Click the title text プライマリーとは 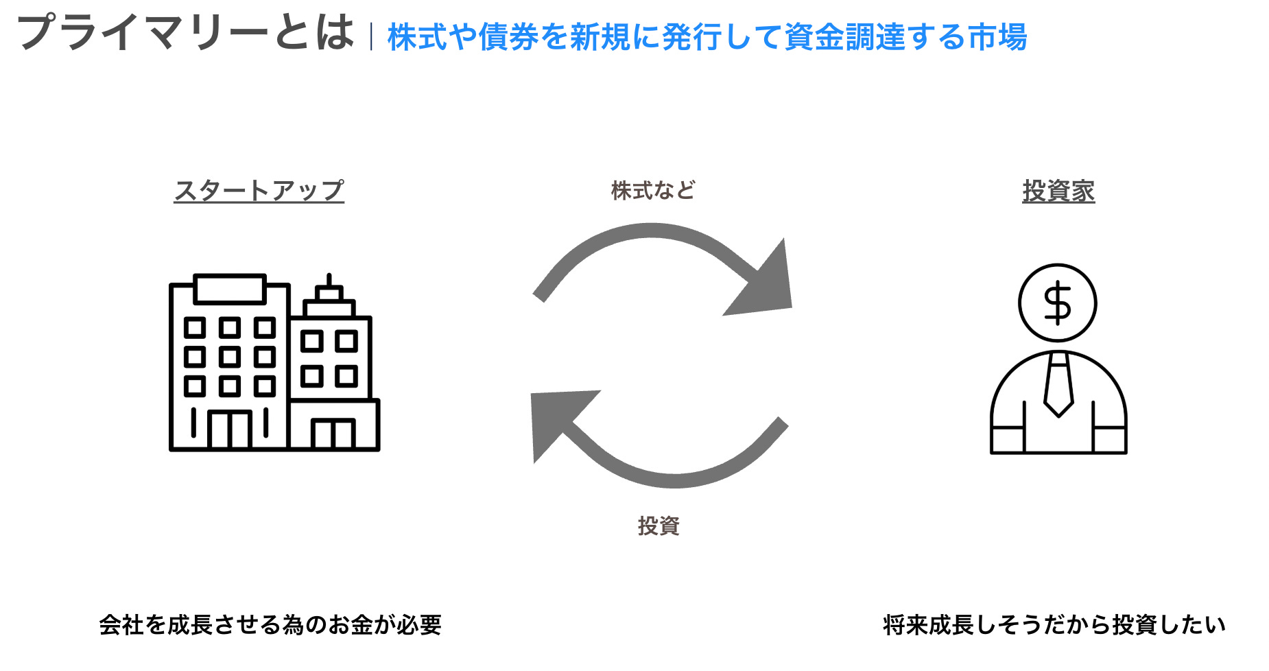tap(185, 33)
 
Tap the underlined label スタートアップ tap(259, 191)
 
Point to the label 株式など tap(652, 190)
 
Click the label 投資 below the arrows tap(658, 526)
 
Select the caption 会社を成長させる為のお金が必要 tap(270, 625)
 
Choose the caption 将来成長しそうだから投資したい tap(1054, 625)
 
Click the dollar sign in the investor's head tap(1057, 303)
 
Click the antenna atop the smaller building tap(329, 281)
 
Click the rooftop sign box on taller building tap(230, 289)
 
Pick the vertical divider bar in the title tap(371, 37)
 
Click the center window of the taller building tap(230, 357)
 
